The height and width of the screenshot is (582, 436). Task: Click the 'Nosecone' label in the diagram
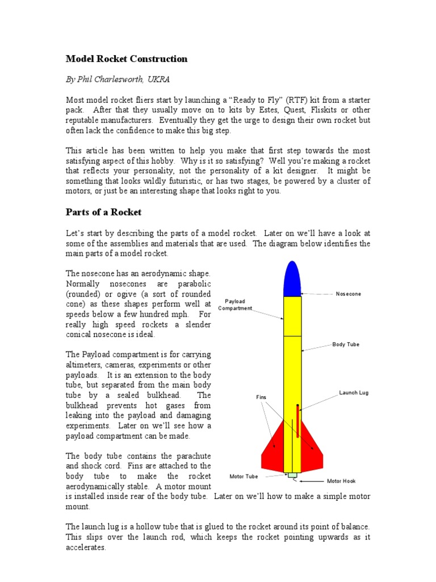(x=349, y=294)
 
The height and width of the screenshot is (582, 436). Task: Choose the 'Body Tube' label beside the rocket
(x=346, y=344)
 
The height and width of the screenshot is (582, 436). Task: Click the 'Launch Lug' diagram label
(x=354, y=393)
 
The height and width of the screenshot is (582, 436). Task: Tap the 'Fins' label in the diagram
(x=261, y=397)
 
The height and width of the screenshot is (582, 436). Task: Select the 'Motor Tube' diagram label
(x=244, y=476)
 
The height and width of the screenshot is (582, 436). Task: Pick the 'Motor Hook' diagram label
(x=341, y=481)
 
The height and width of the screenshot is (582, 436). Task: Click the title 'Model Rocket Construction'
(x=127, y=59)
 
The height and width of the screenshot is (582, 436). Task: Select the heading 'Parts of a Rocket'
(x=104, y=212)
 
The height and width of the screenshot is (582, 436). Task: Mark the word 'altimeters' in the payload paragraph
(x=84, y=365)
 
